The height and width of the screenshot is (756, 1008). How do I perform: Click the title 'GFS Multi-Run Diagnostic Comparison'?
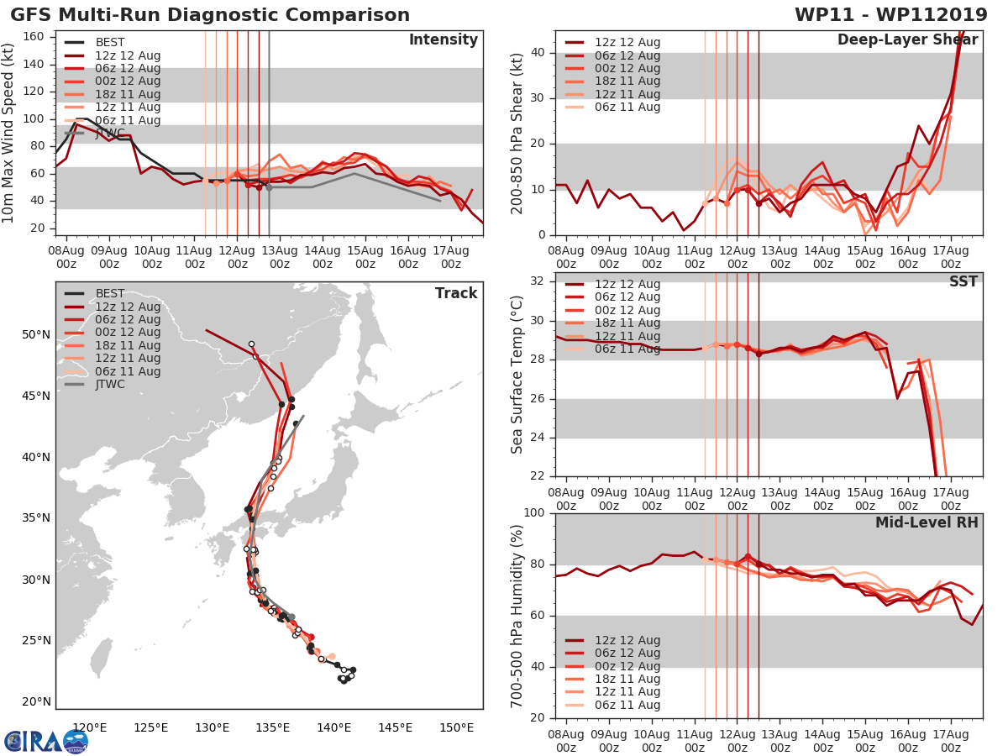click(x=210, y=15)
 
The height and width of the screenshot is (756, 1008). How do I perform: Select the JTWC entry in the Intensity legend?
click(x=110, y=134)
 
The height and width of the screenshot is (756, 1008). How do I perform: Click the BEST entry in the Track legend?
click(x=110, y=294)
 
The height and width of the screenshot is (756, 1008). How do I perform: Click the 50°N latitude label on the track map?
click(x=36, y=335)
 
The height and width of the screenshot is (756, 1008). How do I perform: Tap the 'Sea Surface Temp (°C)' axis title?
click(x=517, y=375)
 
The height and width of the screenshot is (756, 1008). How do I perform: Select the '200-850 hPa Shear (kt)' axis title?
click(x=517, y=134)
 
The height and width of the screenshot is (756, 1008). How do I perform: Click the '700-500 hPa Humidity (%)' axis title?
click(x=517, y=615)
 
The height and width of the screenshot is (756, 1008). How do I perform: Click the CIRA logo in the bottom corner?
click(x=45, y=742)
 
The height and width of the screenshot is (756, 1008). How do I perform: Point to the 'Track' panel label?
click(x=456, y=293)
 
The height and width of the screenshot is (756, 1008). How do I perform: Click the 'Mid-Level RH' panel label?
click(x=927, y=523)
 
